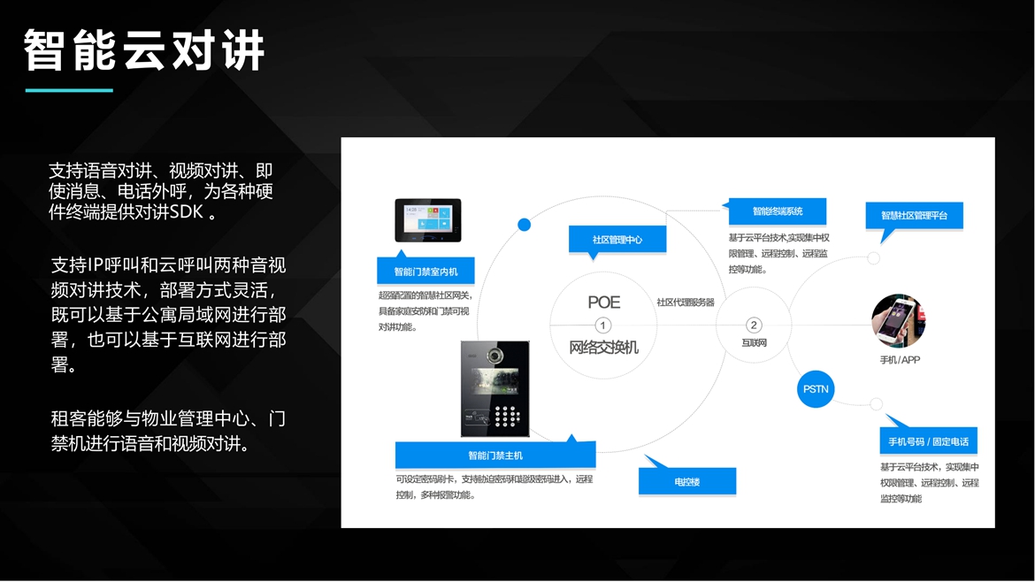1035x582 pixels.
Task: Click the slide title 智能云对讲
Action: coord(144,50)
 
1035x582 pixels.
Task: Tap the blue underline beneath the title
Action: coord(69,90)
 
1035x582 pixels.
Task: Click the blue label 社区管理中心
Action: coord(617,240)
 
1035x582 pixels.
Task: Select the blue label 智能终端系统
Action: coord(778,211)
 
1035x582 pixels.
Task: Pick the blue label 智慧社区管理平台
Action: coord(914,215)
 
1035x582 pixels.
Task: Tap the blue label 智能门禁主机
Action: coord(494,456)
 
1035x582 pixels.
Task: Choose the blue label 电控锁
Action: coord(686,482)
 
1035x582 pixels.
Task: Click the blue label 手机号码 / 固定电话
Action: coord(928,441)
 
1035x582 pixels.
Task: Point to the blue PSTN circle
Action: coord(816,389)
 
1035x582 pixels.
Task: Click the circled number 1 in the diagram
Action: coord(603,325)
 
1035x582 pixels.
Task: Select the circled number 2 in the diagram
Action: coord(754,325)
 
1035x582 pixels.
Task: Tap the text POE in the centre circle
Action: coord(604,302)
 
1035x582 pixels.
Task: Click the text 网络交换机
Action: coord(603,348)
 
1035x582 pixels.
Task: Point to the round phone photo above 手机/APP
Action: coord(898,321)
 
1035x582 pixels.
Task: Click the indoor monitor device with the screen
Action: coord(427,220)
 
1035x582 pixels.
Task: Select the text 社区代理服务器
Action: coord(685,302)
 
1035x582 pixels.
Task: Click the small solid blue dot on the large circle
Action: coord(524,225)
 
